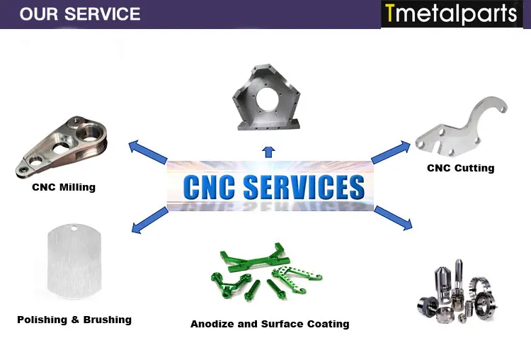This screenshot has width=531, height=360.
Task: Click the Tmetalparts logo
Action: tap(451, 14)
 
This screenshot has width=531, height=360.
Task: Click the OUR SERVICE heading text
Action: tap(80, 14)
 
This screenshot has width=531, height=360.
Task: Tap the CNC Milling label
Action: tap(64, 188)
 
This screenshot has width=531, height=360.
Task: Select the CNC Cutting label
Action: tap(460, 169)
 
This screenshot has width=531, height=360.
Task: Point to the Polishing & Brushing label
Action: tap(74, 320)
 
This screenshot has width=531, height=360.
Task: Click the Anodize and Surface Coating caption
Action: tap(270, 324)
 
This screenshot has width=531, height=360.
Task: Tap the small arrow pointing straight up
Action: tap(268, 150)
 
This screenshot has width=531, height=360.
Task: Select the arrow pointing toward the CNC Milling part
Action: tap(147, 152)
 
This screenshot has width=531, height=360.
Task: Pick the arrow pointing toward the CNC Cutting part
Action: tap(391, 151)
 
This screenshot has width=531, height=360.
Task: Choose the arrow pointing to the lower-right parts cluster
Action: tap(393, 218)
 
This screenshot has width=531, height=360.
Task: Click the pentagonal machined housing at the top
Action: tap(268, 99)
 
